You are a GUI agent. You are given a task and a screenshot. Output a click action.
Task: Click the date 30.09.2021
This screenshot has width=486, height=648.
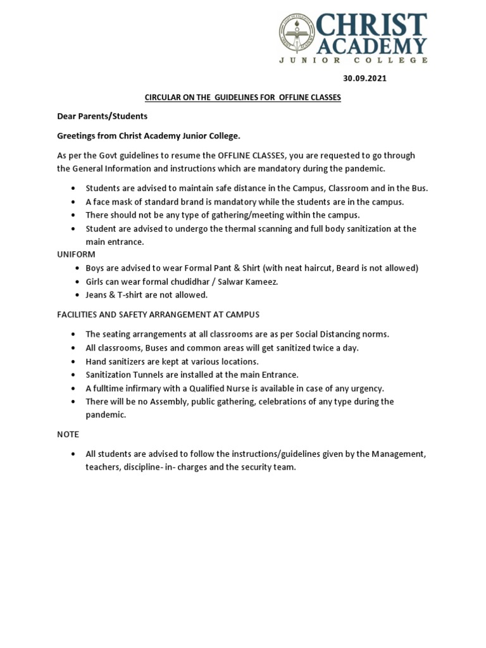[364, 79]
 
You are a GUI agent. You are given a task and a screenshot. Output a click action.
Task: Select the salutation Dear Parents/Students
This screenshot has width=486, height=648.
[102, 116]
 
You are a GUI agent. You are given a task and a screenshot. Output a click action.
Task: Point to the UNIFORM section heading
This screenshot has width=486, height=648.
[76, 254]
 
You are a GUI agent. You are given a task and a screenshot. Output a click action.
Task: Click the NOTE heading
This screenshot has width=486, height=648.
[68, 434]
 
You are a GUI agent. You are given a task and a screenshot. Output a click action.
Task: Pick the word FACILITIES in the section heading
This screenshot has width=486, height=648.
[79, 314]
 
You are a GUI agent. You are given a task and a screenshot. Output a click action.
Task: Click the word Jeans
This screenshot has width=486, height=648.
[98, 295]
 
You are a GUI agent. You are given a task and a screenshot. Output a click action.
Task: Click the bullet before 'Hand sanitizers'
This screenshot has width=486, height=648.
[74, 361]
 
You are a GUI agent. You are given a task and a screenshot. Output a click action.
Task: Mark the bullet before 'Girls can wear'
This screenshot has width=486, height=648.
[74, 282]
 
